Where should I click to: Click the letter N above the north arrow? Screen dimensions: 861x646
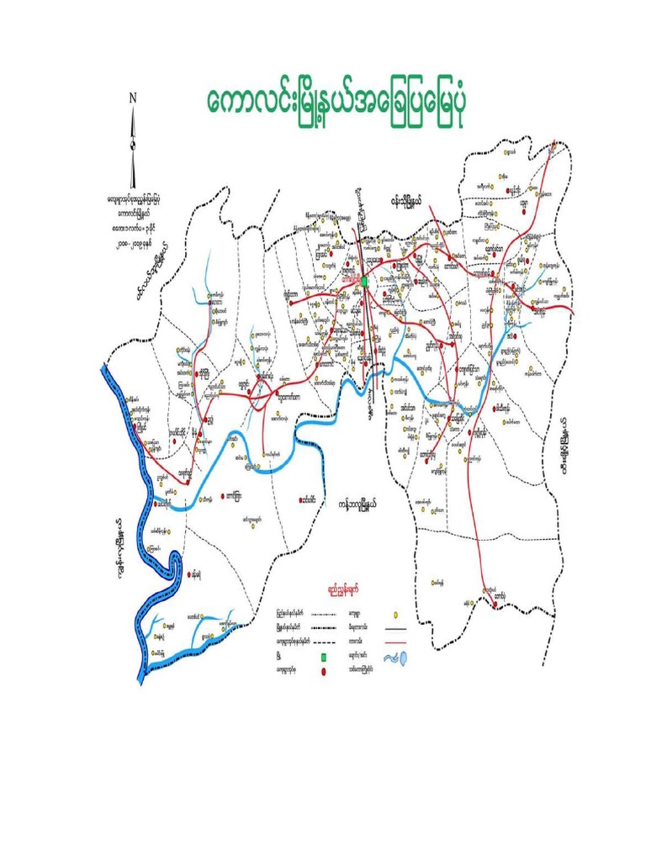(132, 98)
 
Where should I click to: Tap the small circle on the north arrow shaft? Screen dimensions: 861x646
(132, 144)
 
